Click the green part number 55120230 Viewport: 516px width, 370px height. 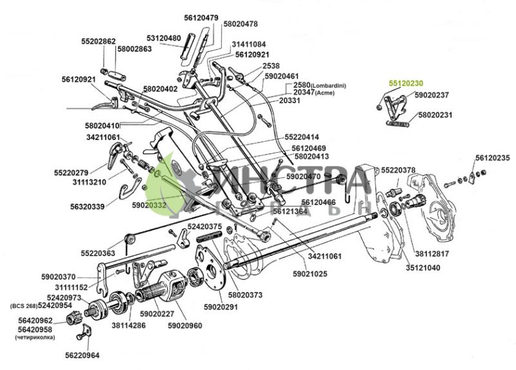pos(405,83)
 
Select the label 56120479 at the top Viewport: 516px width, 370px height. pos(201,17)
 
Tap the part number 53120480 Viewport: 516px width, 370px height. pos(163,38)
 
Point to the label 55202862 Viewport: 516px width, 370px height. pos(99,41)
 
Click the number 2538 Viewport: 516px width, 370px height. pos(272,66)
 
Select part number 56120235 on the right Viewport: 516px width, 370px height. pos(493,158)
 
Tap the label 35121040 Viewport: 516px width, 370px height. pos(423,267)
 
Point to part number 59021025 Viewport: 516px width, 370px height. pos(310,274)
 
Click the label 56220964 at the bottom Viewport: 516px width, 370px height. pos(82,355)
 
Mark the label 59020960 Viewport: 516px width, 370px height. pos(185,326)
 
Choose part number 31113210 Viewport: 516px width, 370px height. pos(88,182)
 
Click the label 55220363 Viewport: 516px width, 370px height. pos(98,253)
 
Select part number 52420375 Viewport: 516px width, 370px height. pos(204,226)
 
